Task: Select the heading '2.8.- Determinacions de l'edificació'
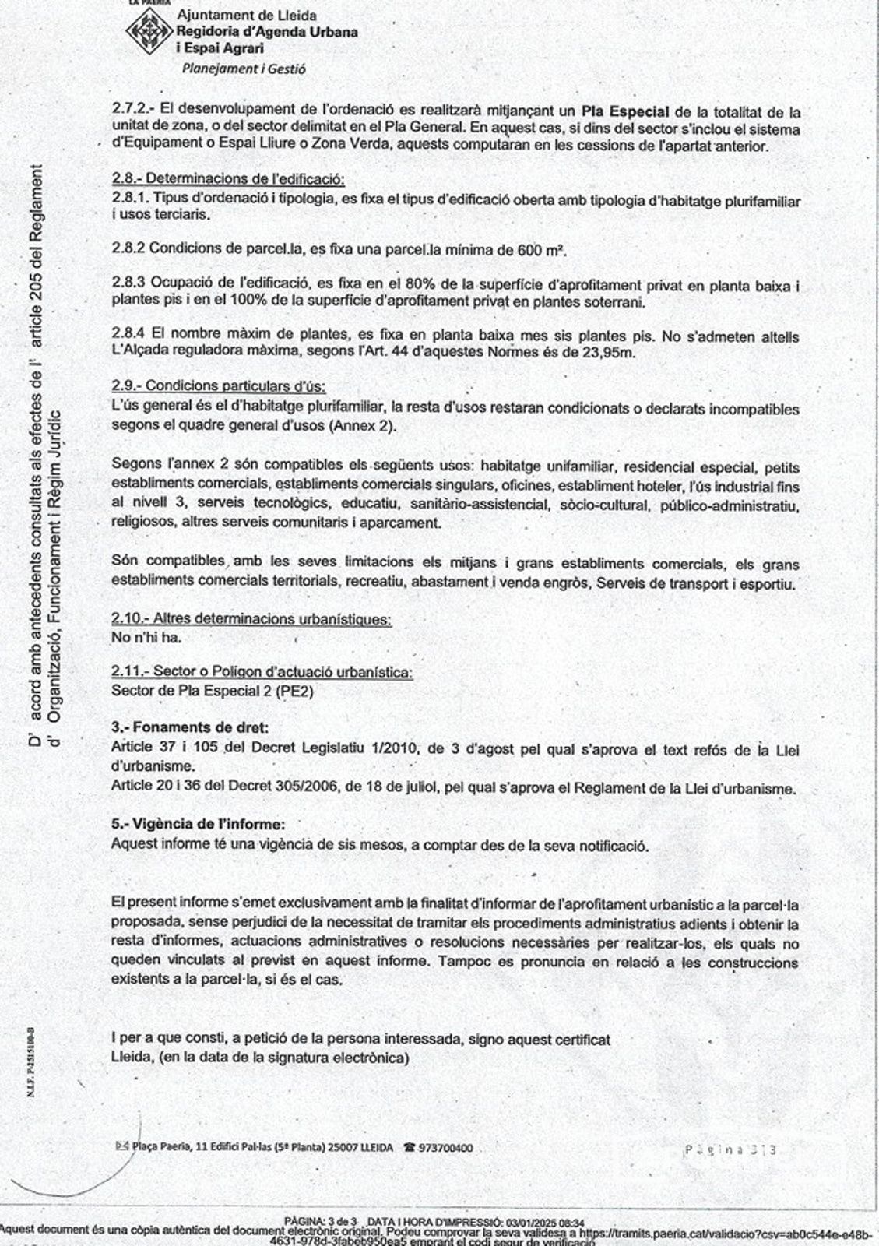[228, 178]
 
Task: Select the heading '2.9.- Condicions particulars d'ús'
[219, 386]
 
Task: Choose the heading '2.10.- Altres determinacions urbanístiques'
[251, 619]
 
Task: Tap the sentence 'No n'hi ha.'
[146, 638]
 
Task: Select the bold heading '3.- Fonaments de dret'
[190, 727]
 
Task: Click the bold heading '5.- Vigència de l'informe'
[198, 824]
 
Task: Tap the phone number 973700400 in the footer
[445, 1148]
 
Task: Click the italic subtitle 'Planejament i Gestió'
[244, 69]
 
